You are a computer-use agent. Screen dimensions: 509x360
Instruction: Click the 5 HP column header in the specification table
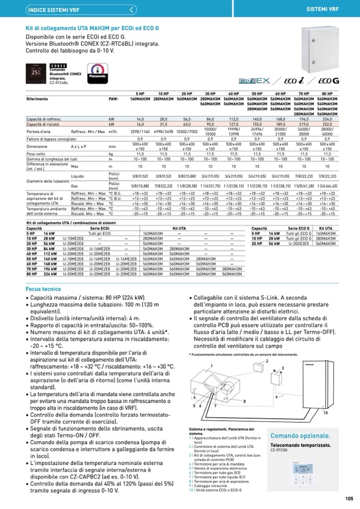coord(140,93)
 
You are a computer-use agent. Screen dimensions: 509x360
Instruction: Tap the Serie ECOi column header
coord(99,228)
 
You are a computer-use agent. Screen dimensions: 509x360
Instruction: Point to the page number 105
coord(349,498)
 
